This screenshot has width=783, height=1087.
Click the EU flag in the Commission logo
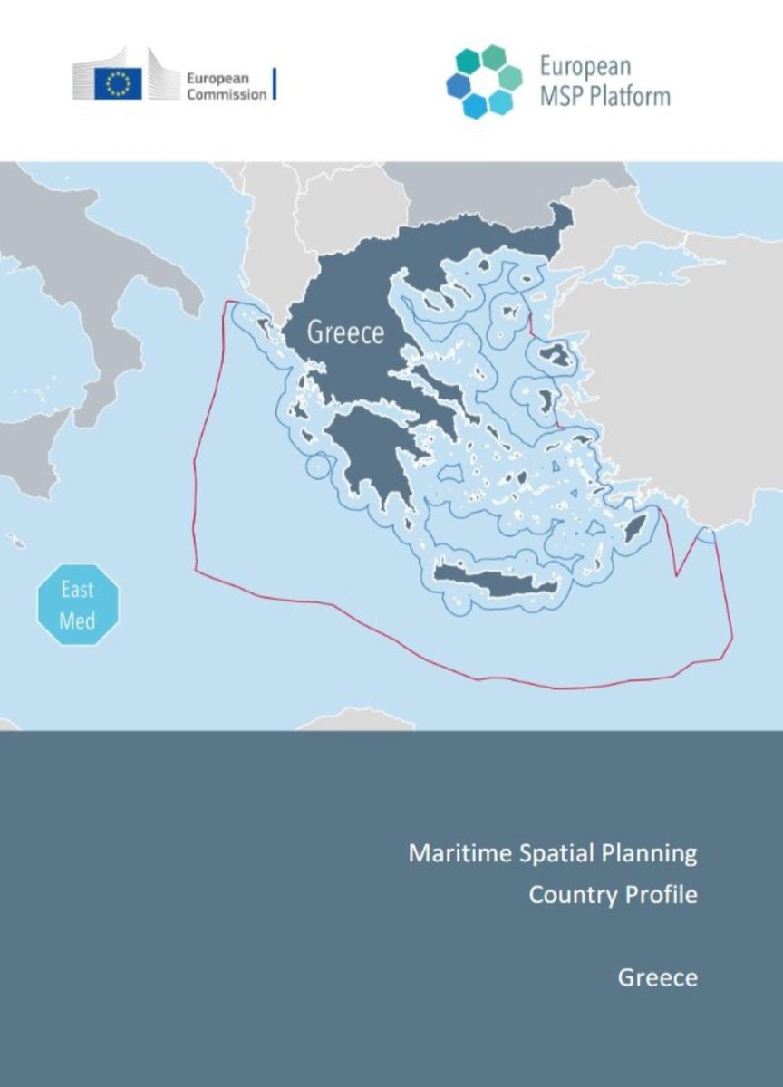point(118,84)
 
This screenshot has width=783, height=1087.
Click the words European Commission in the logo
point(226,86)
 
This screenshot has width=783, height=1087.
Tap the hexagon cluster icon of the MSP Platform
point(483,82)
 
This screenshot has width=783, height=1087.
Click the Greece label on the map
point(345,332)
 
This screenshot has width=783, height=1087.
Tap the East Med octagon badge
point(77,604)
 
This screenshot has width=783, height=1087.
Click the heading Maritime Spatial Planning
point(553,853)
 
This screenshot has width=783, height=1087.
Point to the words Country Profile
point(613,895)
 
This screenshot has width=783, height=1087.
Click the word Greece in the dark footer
point(657,977)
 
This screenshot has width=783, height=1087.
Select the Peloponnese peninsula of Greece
point(367,453)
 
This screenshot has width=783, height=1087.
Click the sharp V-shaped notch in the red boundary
point(677,574)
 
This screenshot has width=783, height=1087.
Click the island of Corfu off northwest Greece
point(264,323)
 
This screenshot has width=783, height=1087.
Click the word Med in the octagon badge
point(77,621)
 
